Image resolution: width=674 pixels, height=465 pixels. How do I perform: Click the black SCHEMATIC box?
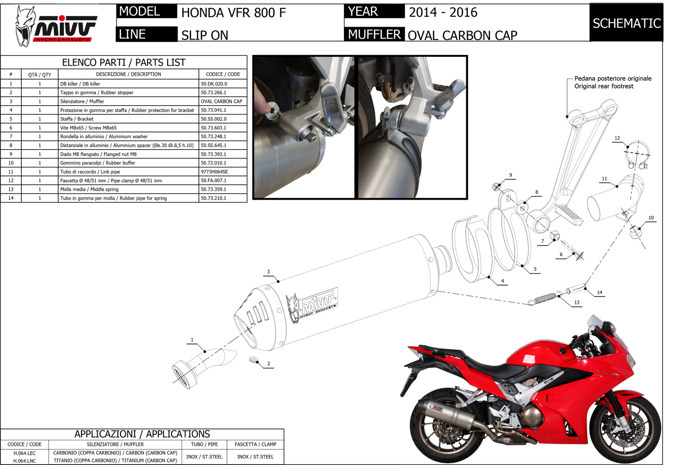click(626, 23)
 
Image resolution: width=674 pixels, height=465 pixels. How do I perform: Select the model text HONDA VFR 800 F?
click(233, 13)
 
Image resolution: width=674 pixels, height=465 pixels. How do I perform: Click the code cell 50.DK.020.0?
click(214, 84)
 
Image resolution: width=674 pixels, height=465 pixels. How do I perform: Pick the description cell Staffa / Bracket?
click(77, 119)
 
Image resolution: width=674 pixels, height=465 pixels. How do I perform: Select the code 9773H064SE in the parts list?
click(214, 172)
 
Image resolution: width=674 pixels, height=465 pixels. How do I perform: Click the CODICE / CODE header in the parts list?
click(223, 74)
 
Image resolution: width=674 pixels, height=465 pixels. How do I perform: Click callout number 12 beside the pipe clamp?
click(617, 138)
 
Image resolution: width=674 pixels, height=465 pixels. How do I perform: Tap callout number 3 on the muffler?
click(268, 272)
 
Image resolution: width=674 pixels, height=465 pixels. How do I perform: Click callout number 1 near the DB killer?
click(192, 340)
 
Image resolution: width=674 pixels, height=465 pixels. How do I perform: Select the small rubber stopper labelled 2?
click(254, 360)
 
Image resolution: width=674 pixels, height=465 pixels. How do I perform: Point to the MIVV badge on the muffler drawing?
click(313, 305)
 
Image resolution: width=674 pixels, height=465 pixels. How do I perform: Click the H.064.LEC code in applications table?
click(25, 453)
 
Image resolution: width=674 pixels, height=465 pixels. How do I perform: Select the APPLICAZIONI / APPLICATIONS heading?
click(142, 434)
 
